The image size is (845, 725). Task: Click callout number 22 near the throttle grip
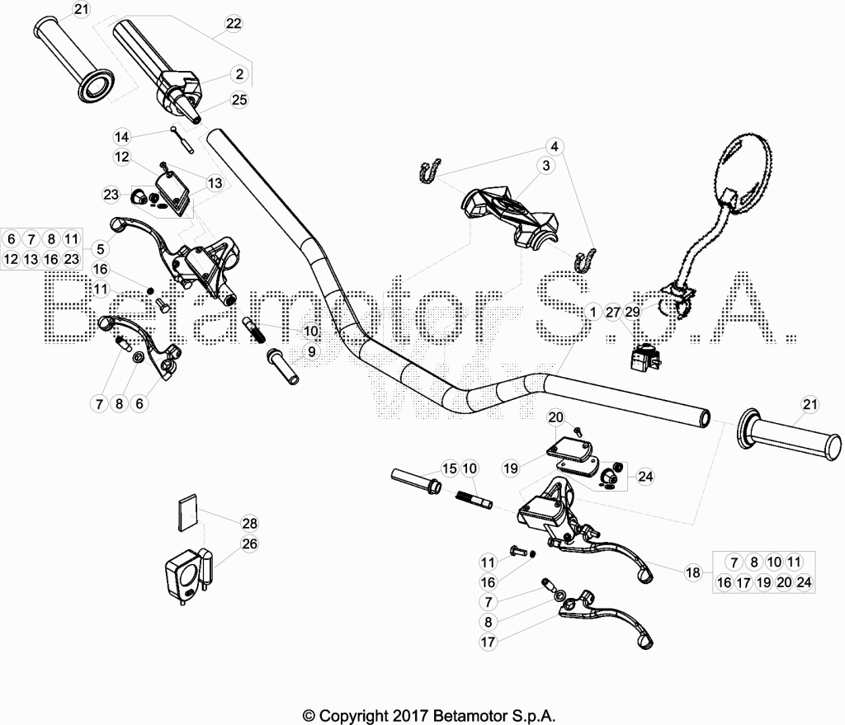click(234, 23)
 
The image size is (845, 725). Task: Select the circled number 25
click(239, 100)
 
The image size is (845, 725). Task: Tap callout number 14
click(122, 137)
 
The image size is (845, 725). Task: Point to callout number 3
click(546, 165)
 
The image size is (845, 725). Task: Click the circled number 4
click(554, 146)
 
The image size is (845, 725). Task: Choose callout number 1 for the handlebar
click(593, 312)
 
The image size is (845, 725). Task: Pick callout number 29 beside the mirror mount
click(633, 312)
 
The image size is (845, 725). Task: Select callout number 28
click(249, 523)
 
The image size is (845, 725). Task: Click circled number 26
click(249, 544)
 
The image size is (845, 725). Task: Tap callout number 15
click(450, 468)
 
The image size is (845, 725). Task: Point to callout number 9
click(311, 351)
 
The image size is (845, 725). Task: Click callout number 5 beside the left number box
click(100, 249)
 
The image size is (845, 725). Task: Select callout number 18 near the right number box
click(693, 572)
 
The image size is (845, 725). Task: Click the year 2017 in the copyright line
click(409, 716)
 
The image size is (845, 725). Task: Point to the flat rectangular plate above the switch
click(188, 512)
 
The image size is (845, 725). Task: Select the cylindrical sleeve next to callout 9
click(282, 366)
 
